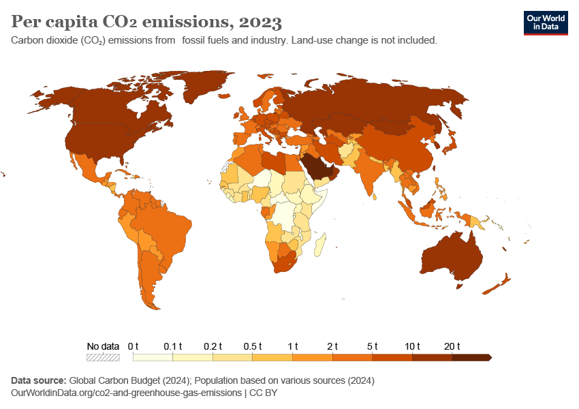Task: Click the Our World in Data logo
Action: (x=545, y=22)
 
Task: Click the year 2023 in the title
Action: (x=260, y=22)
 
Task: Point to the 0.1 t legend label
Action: (x=173, y=346)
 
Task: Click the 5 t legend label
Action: (x=373, y=346)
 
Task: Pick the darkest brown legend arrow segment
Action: (x=471, y=357)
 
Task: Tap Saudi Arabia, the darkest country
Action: (x=317, y=166)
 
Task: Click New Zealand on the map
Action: (x=497, y=285)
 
